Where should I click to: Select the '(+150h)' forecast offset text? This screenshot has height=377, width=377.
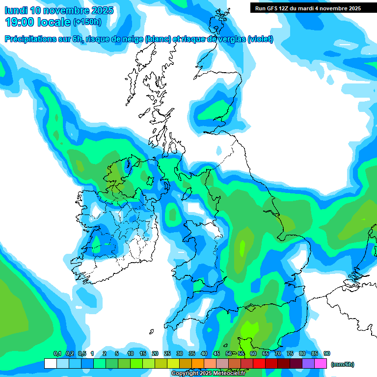[x=87, y=22]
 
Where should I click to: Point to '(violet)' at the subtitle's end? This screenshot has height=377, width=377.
[x=260, y=39]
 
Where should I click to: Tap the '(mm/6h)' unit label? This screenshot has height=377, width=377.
[x=342, y=364]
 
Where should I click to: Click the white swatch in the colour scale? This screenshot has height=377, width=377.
[x=50, y=363]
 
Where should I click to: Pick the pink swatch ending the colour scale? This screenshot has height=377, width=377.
[x=321, y=363]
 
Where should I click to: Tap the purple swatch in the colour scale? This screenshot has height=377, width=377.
[x=308, y=363]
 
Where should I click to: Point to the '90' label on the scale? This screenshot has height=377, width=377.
[x=327, y=353]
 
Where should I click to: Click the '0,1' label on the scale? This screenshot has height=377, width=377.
[x=57, y=353]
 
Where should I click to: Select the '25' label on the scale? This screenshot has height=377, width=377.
[x=167, y=353]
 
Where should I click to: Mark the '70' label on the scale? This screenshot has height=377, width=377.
[x=278, y=353]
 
